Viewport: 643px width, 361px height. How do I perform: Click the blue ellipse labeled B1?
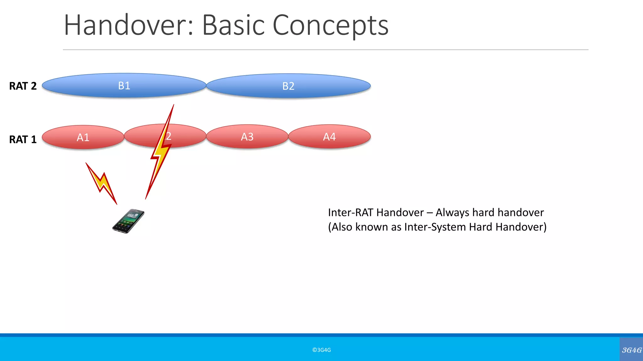click(x=124, y=86)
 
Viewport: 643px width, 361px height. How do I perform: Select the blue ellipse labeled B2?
click(x=288, y=86)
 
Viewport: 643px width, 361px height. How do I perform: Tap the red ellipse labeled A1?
click(x=83, y=137)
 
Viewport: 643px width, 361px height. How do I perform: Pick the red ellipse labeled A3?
click(x=247, y=137)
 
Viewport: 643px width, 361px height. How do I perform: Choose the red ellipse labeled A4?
click(x=329, y=137)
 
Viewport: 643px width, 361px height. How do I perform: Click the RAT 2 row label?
click(x=23, y=86)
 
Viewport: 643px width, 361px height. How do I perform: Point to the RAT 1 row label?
click(x=23, y=139)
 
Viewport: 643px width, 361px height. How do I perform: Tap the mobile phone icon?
click(x=128, y=221)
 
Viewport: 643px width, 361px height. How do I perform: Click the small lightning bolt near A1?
click(x=101, y=183)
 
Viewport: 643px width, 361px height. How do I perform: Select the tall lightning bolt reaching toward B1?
click(x=160, y=150)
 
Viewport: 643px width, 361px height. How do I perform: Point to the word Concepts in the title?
click(x=330, y=25)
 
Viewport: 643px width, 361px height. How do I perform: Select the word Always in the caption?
click(x=452, y=212)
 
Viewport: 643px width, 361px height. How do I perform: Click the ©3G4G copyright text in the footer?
click(x=321, y=350)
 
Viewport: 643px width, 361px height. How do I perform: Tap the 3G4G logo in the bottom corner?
click(x=631, y=350)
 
